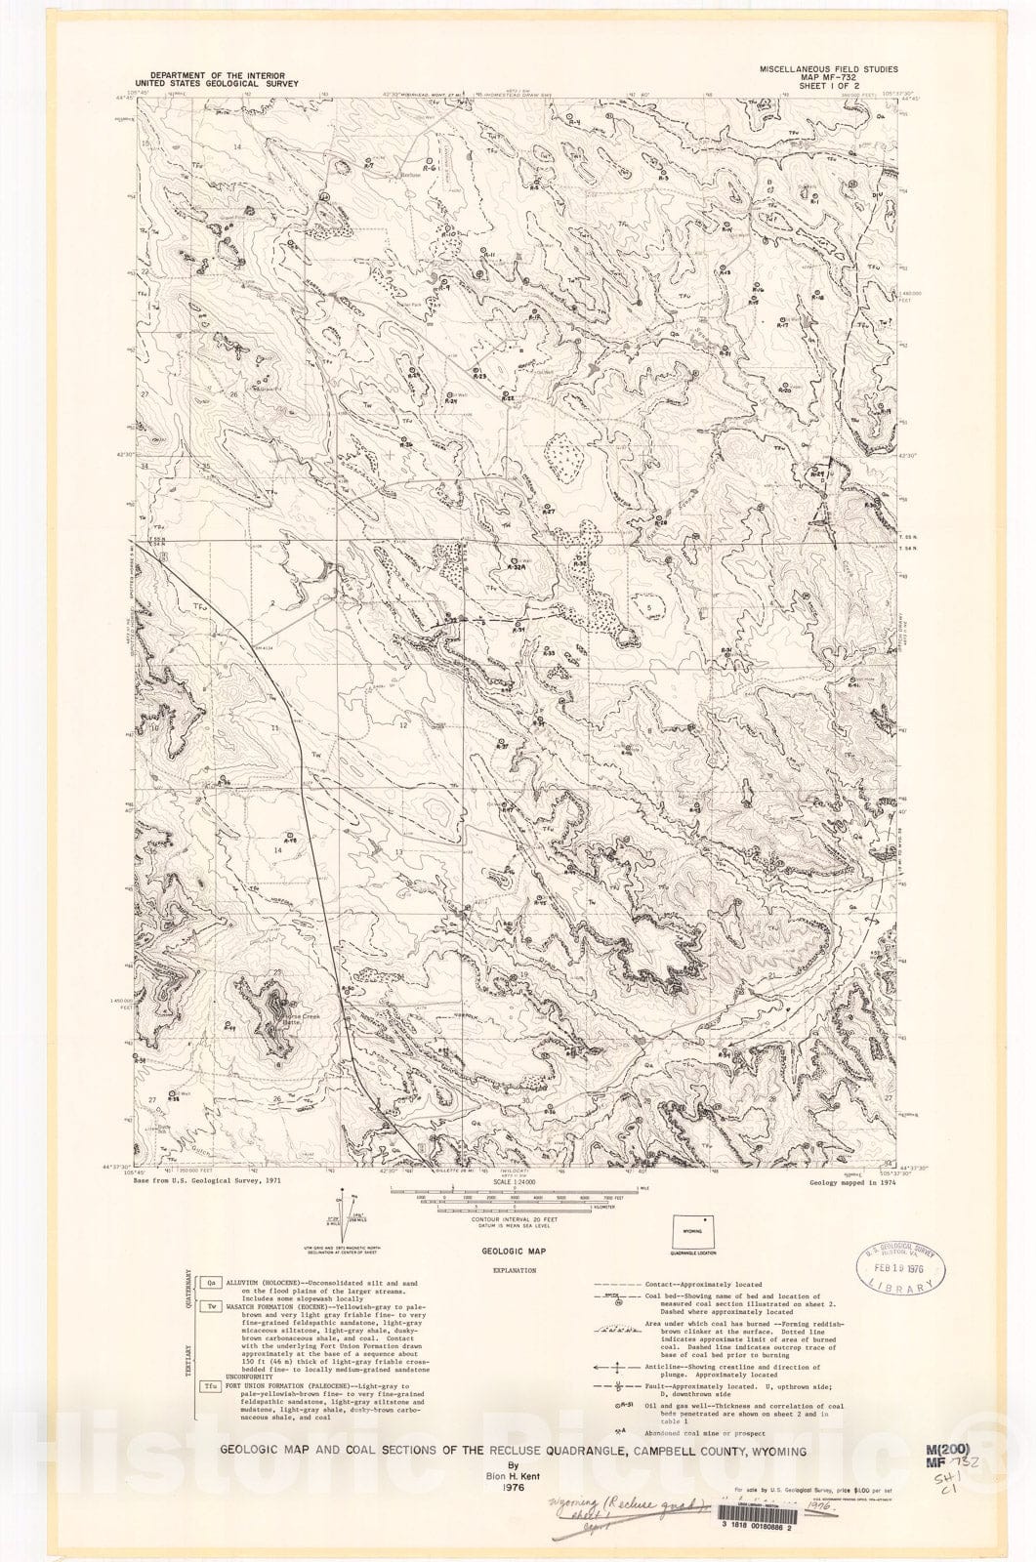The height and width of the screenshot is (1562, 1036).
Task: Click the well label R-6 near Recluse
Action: pyautogui.click(x=430, y=168)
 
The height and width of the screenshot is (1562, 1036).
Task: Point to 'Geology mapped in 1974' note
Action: pyautogui.click(x=851, y=1180)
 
